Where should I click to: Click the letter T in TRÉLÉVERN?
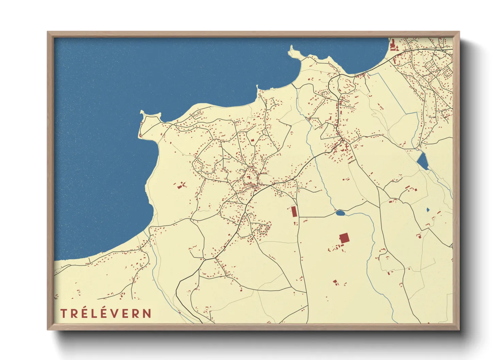[64, 313]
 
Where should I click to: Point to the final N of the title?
[147, 313]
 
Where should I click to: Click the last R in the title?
[137, 313]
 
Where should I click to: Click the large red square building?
[344, 238]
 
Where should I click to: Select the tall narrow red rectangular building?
[294, 212]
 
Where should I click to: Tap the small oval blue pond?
[340, 213]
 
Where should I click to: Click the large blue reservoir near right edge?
[423, 161]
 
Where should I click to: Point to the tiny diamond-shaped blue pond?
[428, 210]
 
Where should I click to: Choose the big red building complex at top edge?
[393, 46]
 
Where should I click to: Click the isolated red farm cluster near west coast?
[181, 185]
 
